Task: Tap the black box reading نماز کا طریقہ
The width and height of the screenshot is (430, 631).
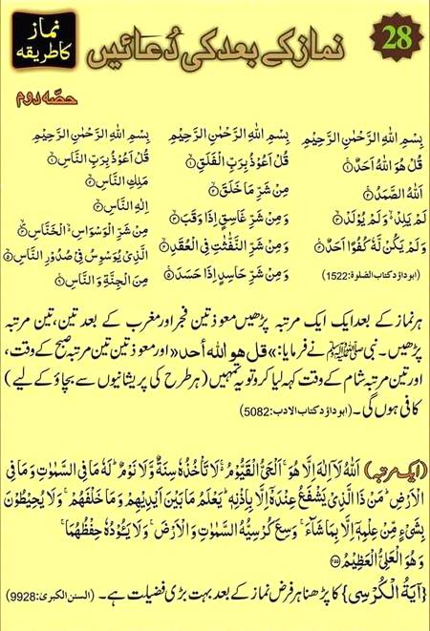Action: pos(42,41)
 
